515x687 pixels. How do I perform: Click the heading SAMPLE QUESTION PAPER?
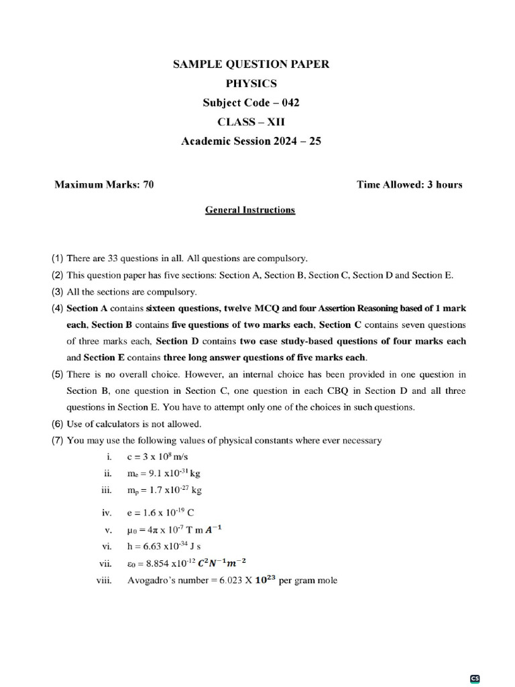(251, 64)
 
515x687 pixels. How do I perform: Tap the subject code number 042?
(289, 103)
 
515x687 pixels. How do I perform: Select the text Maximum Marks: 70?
(104, 184)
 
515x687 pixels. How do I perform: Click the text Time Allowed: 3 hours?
(409, 184)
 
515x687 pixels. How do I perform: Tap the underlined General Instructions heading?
(249, 210)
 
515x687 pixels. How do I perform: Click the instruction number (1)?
(57, 258)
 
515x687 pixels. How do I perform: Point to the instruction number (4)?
(57, 308)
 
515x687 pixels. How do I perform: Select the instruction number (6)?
(57, 424)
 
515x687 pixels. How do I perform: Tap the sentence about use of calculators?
(133, 424)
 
